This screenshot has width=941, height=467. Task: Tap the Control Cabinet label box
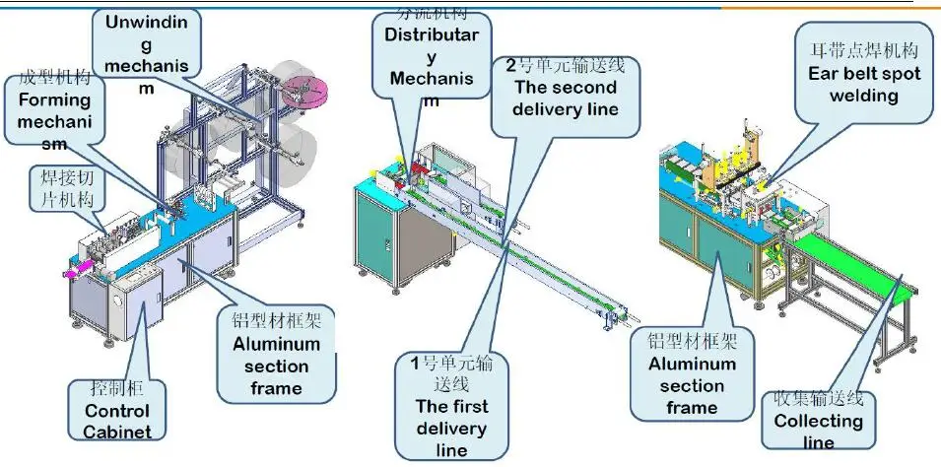click(115, 407)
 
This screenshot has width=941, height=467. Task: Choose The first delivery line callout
click(451, 405)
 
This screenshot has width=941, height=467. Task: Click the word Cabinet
click(116, 430)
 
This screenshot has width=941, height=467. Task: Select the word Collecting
click(818, 422)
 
